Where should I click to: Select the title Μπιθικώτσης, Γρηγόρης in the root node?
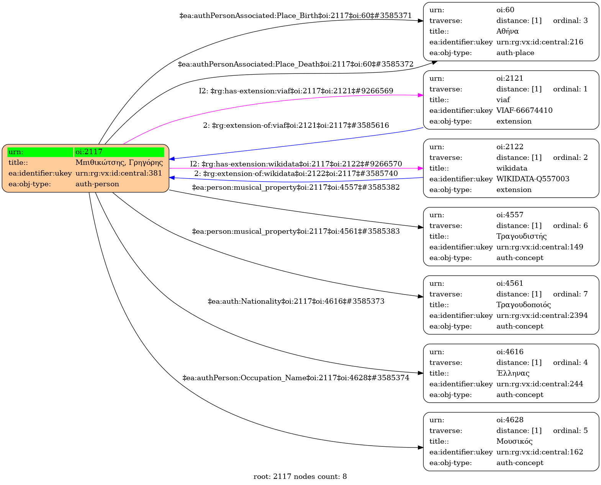[119, 163]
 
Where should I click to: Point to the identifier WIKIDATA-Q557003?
[533, 179]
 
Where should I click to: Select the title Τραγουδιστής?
[521, 236]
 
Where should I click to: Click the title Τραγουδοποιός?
[523, 305]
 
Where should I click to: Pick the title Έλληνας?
[513, 373]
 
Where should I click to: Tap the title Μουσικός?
[514, 441]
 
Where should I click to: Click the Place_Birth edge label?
[295, 15]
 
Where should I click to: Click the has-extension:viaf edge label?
[296, 91]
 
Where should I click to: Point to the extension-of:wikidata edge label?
[296, 174]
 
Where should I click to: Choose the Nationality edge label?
[296, 301]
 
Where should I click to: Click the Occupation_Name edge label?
[296, 378]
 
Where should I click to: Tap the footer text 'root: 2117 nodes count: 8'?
[300, 477]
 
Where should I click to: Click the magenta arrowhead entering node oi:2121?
[421, 96]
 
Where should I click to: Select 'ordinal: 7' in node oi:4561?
[570, 294]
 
